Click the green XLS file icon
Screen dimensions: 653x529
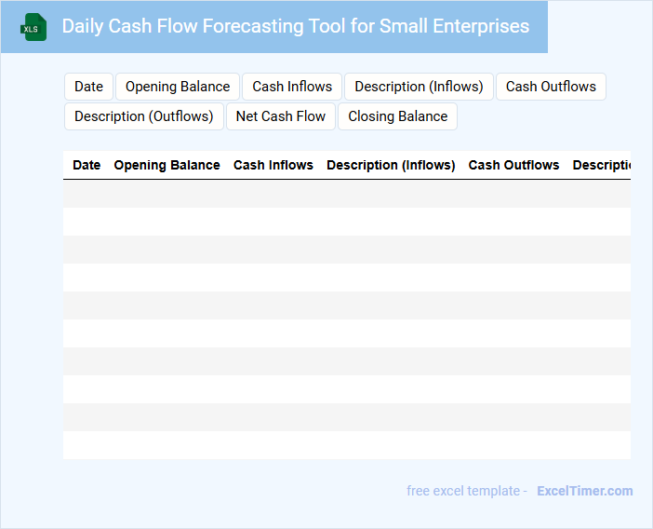click(33, 27)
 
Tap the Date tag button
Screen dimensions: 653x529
click(88, 87)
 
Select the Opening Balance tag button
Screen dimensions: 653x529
click(178, 87)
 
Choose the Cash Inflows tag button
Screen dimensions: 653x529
click(292, 87)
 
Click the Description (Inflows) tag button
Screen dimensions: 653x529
click(419, 87)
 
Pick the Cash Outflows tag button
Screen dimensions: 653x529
click(551, 87)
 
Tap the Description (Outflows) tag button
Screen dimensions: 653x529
click(144, 116)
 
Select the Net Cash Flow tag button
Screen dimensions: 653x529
click(281, 116)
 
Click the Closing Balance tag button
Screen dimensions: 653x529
click(398, 116)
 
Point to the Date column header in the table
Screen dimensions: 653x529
click(87, 165)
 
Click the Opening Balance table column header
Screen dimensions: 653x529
click(167, 165)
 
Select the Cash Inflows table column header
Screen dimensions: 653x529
click(273, 165)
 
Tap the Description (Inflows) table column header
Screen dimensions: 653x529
click(391, 165)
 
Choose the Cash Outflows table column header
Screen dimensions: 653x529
click(513, 165)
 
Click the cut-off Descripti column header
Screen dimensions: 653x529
click(602, 165)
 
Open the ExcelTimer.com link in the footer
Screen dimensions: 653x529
click(585, 491)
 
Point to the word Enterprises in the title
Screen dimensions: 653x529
click(481, 26)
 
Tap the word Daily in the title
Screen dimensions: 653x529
click(83, 26)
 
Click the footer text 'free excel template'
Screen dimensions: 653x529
click(463, 491)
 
